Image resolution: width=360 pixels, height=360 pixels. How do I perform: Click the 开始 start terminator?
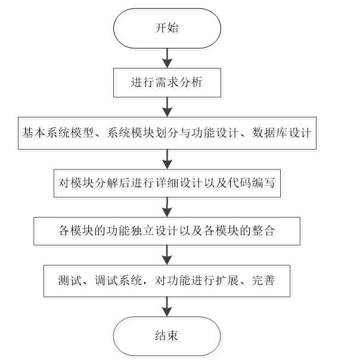pyautogui.click(x=167, y=29)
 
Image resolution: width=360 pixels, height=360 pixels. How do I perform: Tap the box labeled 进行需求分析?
pyautogui.click(x=167, y=82)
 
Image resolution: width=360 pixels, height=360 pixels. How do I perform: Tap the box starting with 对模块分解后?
pyautogui.click(x=167, y=182)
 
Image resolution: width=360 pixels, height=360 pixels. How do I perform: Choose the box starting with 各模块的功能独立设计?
pyautogui.click(x=167, y=231)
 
